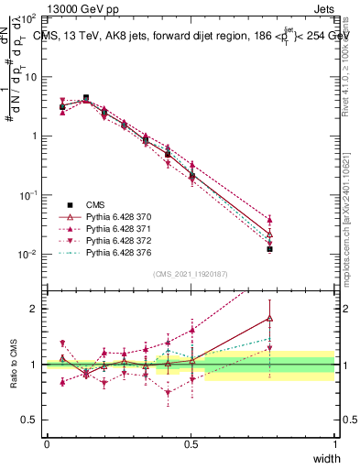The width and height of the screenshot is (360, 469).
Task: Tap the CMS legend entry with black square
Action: point(99,201)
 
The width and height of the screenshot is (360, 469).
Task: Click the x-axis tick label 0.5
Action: point(191,443)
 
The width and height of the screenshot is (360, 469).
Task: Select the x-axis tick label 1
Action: point(334,443)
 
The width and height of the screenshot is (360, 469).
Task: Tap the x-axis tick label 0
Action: point(47,443)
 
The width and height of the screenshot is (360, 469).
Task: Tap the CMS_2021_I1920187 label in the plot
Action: point(191,273)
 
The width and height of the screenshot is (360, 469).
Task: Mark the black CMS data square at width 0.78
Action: point(269,248)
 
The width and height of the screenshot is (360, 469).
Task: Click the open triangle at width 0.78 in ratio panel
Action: point(269,318)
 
